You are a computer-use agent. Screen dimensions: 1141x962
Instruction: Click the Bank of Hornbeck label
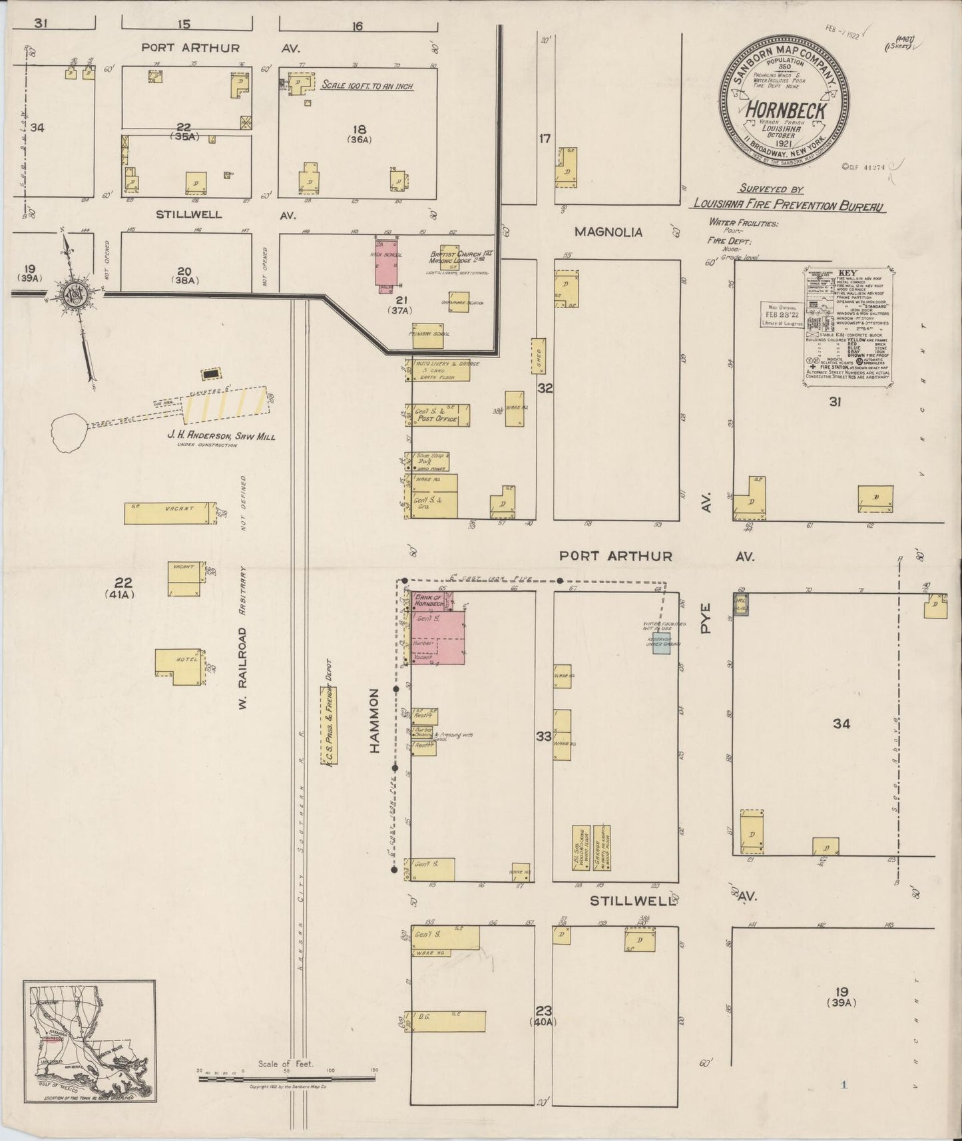pyautogui.click(x=429, y=600)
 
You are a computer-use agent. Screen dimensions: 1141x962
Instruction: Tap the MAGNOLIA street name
pyautogui.click(x=608, y=232)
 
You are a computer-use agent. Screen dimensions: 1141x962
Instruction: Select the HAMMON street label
pyautogui.click(x=375, y=721)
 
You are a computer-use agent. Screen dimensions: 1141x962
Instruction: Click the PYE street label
pyautogui.click(x=706, y=616)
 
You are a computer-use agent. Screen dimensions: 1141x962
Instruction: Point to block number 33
pyautogui.click(x=544, y=736)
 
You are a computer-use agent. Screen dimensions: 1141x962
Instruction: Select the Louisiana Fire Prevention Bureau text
pyautogui.click(x=788, y=206)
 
